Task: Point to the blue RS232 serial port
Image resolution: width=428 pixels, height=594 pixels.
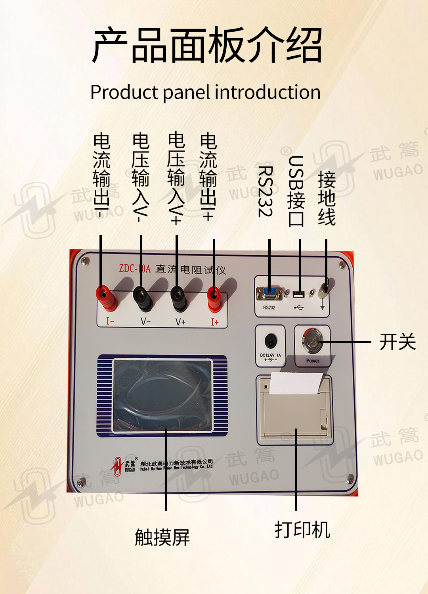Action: pos(269,293)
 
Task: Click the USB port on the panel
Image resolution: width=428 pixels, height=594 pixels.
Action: pos(299,294)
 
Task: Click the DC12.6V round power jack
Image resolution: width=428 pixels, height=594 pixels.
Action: pos(270,341)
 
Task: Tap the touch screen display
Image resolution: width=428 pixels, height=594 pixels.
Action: pos(162,395)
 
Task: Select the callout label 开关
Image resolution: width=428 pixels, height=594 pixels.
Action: pos(397,342)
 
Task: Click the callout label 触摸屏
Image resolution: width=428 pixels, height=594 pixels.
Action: pos(162,537)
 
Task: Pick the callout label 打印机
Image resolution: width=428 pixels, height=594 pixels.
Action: pos(302,530)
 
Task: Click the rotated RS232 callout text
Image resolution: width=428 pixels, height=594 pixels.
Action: pos(265,191)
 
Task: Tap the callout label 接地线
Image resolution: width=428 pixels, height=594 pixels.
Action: pos(327,198)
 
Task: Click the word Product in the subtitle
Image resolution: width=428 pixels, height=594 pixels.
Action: pos(124,92)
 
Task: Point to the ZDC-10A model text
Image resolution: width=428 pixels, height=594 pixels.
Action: pos(135,269)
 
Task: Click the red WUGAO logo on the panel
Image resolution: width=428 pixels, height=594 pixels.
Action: pos(118,466)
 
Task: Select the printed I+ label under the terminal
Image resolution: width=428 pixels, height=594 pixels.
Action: pos(214,322)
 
